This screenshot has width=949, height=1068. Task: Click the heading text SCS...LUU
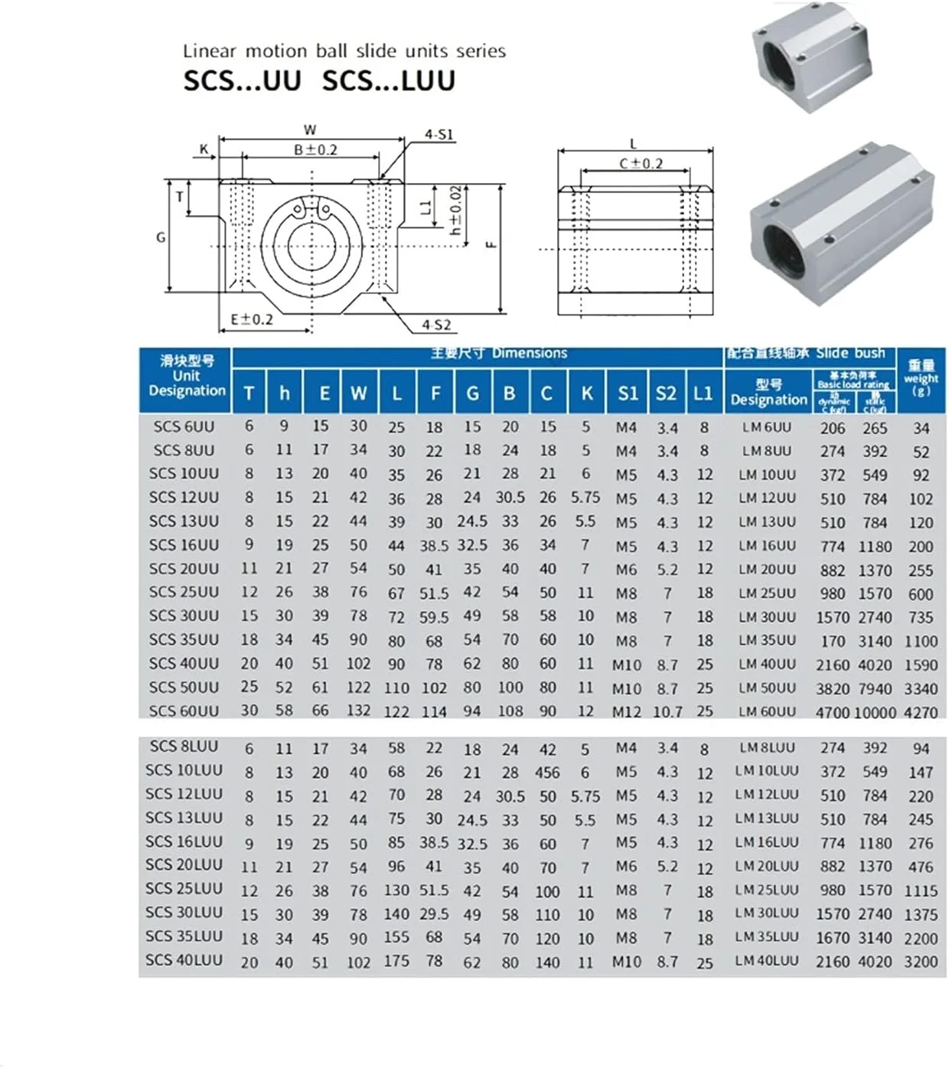tap(388, 80)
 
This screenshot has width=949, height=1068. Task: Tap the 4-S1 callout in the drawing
tap(439, 135)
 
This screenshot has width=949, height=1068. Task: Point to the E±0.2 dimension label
tap(252, 319)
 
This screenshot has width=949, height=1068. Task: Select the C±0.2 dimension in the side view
tap(641, 163)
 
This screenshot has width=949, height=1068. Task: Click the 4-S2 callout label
tap(436, 325)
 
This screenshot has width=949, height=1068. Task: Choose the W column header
tap(358, 394)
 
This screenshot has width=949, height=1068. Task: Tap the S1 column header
tap(628, 394)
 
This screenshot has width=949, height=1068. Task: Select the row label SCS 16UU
tap(184, 545)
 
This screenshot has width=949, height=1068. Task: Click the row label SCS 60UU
tap(184, 711)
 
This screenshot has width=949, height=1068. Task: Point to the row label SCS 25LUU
tap(184, 889)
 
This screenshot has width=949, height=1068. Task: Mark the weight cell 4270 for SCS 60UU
tap(921, 712)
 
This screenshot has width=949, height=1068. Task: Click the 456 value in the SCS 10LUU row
tap(547, 772)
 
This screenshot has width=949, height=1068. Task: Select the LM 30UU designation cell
tap(767, 616)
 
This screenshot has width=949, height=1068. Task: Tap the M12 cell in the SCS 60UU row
tap(627, 712)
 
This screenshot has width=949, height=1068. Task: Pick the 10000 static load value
tap(875, 712)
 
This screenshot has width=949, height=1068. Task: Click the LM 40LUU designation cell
tap(767, 960)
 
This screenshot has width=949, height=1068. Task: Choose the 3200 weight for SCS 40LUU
tap(921, 962)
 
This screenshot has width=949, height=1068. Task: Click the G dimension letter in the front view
tap(161, 237)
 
